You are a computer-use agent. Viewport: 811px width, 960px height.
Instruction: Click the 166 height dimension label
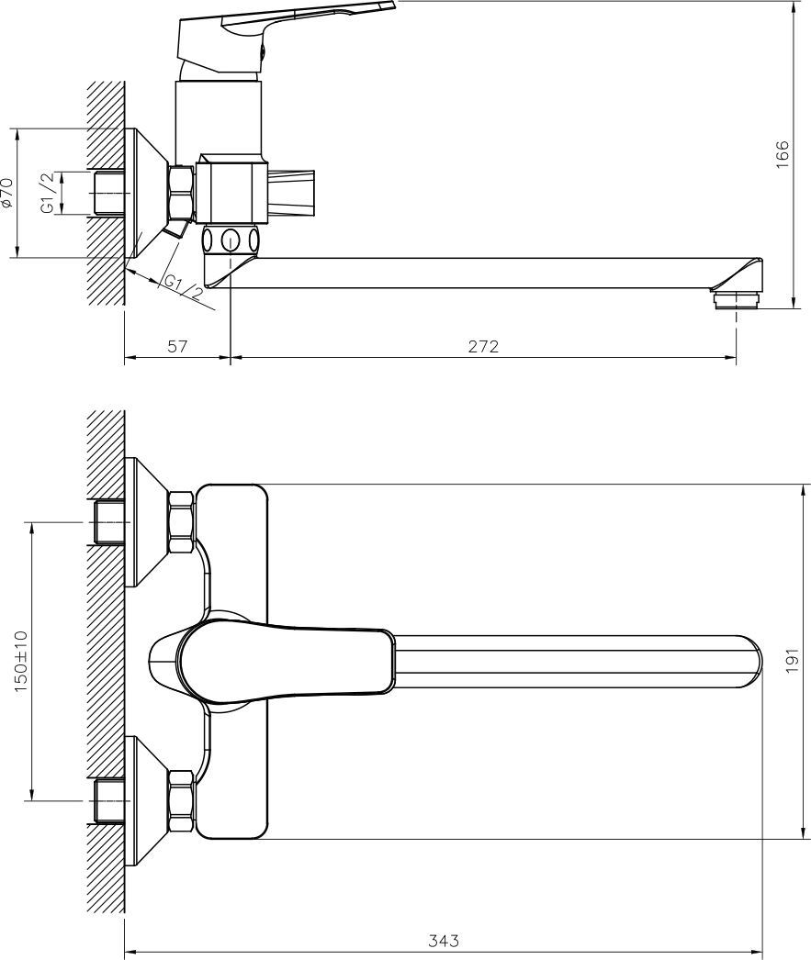783,154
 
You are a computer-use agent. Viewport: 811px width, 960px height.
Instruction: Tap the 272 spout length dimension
483,347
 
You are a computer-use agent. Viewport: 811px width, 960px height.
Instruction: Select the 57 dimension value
176,347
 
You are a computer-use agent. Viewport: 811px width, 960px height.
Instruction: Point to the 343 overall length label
444,940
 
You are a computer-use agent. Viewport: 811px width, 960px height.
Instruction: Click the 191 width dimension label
794,661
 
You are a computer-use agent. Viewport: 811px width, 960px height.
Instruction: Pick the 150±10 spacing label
21,661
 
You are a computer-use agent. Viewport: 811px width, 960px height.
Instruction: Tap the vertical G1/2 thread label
49,192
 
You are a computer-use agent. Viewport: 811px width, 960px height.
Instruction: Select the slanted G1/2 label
183,287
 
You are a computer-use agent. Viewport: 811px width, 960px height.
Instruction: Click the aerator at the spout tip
736,300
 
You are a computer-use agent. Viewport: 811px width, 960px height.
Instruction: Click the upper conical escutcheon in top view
146,522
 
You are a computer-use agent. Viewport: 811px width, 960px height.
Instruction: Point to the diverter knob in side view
291,192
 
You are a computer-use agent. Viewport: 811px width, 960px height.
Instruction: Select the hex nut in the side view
182,192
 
